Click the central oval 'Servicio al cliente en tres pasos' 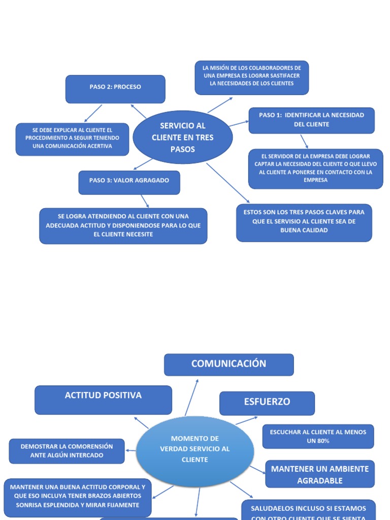[183, 137]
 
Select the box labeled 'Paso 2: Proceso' [115, 89]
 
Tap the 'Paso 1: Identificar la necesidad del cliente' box [311, 120]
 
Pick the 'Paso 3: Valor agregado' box [129, 182]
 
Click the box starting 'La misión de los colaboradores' [251, 78]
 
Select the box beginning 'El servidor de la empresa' [315, 169]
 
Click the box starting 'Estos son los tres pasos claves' [304, 222]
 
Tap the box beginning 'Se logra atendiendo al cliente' [123, 225]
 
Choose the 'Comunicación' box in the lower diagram [229, 365]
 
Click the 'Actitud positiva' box [103, 399]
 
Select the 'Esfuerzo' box [267, 403]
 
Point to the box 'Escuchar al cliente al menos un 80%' [318, 436]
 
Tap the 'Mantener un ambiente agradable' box [319, 474]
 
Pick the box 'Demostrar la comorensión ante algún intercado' [67, 451]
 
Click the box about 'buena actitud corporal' [77, 496]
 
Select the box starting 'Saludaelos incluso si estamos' [308, 510]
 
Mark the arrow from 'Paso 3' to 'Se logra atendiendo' [144, 201]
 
